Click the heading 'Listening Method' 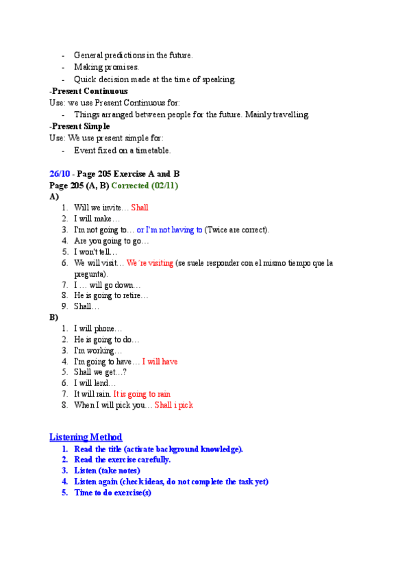[86, 437]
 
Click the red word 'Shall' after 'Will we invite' [140, 208]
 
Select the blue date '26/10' [60, 174]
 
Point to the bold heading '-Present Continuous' [88, 91]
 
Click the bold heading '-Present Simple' [79, 126]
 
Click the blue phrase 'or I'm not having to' [170, 230]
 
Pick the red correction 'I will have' [160, 361]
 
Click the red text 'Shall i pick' [174, 405]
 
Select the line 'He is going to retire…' [111, 295]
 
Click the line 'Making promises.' [106, 67]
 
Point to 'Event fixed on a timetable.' [123, 150]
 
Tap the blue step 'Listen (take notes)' [107, 471]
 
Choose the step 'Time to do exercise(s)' [113, 493]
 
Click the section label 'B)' [54, 317]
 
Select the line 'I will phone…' [98, 328]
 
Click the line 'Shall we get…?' [100, 372]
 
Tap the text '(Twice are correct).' [237, 230]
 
